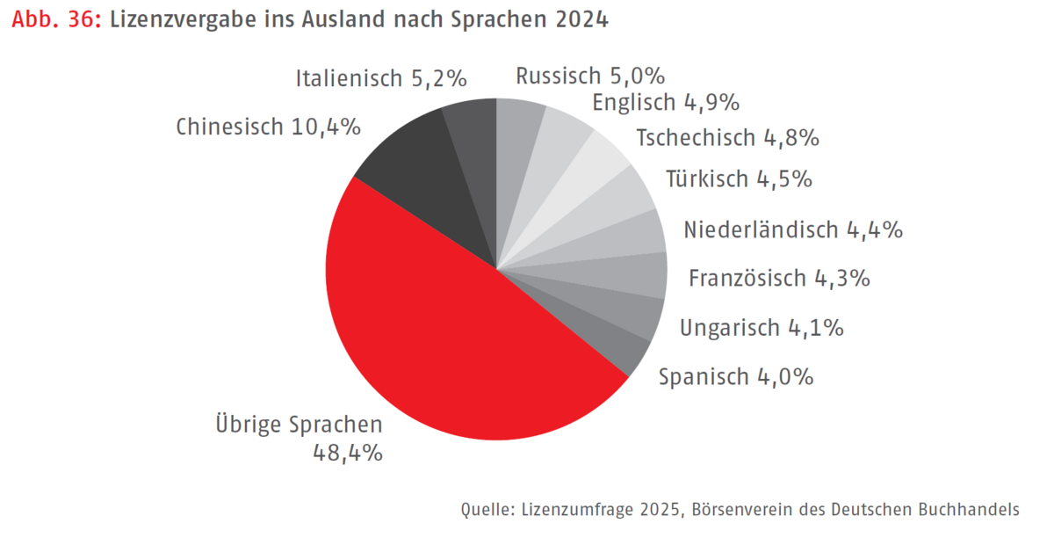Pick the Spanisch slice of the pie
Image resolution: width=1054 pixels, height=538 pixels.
coord(628,347)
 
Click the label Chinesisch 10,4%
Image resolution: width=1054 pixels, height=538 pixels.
coord(268,127)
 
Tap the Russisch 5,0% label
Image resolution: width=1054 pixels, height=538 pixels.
coord(590,76)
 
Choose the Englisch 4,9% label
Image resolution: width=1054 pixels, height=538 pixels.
coord(666,103)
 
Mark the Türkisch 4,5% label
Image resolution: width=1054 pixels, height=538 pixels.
coord(739,179)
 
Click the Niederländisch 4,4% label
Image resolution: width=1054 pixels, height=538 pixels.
coord(793,230)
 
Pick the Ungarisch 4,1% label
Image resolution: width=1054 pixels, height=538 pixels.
coord(762,328)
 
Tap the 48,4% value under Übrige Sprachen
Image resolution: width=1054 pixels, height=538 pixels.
coord(348,454)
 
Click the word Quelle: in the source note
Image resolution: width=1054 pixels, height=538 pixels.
coord(486,509)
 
